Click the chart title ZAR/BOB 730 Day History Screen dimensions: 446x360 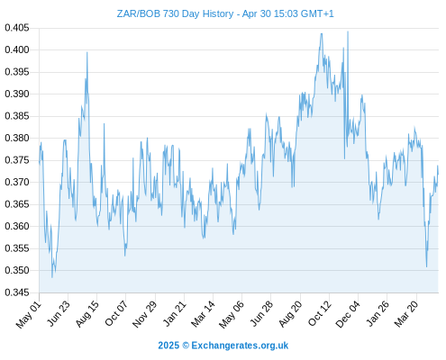175,13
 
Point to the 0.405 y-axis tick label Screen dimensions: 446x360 17,28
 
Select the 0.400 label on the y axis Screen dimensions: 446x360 17,49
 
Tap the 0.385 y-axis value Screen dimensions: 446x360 17,116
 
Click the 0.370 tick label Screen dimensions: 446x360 17,182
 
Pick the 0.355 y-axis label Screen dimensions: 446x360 17,248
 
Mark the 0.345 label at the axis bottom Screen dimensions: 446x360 17,292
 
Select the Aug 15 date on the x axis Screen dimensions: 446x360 87,314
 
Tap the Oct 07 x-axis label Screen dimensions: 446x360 116,314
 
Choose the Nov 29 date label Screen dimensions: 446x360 145,314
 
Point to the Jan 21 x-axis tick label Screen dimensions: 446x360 174,314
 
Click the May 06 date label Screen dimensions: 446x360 232,314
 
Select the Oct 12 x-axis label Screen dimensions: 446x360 320,314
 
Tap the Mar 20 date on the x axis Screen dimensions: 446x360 405,314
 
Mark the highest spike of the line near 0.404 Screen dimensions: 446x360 348,31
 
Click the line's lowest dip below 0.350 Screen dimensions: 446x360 52,277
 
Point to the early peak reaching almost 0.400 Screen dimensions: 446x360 87,52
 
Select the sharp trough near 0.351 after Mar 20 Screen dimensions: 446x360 426,266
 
